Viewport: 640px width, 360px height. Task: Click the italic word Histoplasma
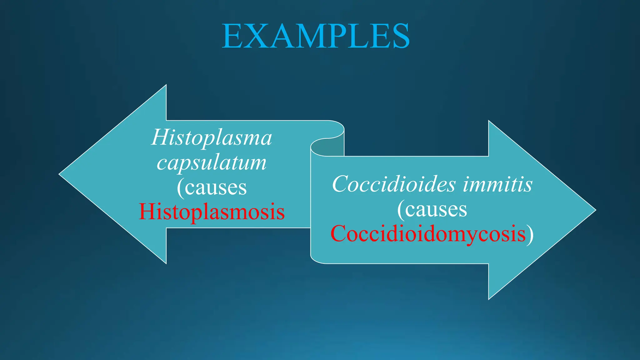click(212, 137)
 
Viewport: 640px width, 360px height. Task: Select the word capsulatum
click(212, 163)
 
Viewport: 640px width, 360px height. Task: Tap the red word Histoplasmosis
click(212, 212)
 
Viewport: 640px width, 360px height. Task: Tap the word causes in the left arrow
click(216, 188)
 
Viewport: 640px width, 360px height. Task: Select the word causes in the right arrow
click(436, 209)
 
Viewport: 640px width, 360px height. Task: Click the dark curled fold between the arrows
click(328, 147)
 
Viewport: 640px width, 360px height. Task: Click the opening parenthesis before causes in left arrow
click(180, 188)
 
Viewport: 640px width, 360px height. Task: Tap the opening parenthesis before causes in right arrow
click(401, 209)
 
